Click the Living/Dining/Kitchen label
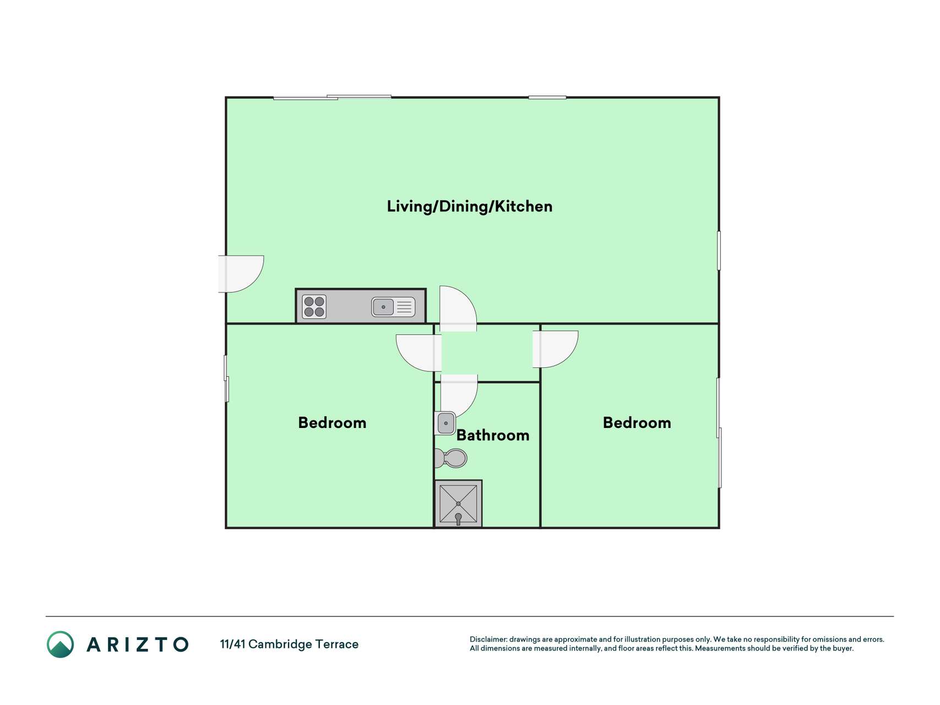coord(469,207)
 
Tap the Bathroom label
coord(493,435)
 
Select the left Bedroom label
coord(332,422)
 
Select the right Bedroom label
coord(637,422)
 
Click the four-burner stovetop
coord(314,307)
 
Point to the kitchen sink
coord(393,307)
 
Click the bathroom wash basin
coord(445,423)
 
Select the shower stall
coord(458,503)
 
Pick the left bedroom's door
coord(419,352)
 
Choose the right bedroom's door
coord(555,349)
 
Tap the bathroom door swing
coord(459,395)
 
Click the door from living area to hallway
coord(458,308)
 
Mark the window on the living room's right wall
coord(719,251)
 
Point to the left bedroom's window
coord(226,378)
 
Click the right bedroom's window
coord(719,432)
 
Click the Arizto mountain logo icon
coord(61,644)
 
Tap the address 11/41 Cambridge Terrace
coord(289,644)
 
